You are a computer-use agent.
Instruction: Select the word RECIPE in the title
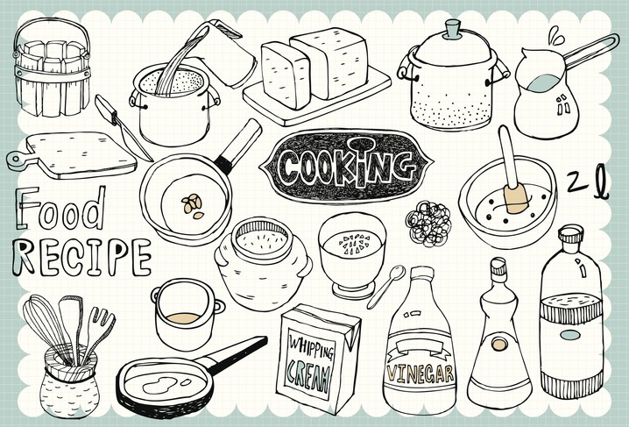pos(81,257)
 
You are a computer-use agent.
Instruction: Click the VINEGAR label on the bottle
pos(420,374)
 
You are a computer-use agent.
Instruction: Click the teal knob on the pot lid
pos(453,29)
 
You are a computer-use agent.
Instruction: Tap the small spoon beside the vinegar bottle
pos(385,287)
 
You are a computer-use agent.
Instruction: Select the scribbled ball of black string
pos(428,224)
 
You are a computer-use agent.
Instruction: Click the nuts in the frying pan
pos(192,206)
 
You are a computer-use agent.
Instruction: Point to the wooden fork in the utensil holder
pos(98,331)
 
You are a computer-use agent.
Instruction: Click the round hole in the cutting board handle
pos(15,158)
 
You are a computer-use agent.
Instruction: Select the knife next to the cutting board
pos(122,127)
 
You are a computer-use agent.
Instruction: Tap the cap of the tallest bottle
pos(571,234)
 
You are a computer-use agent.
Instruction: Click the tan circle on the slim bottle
pos(499,344)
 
